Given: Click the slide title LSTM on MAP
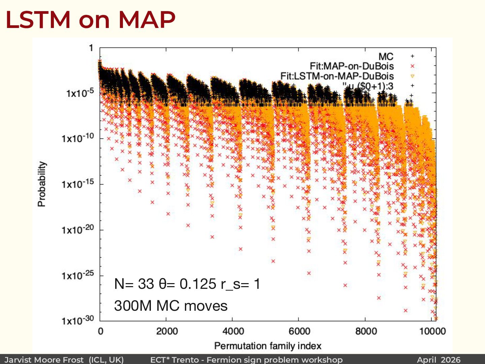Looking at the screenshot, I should coord(90,20).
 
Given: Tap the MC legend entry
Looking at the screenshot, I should coord(386,57).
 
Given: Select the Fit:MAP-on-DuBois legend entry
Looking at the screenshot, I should coord(352,66).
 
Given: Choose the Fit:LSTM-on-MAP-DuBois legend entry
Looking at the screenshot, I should coord(337,76).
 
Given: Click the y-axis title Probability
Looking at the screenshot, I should coord(42,184).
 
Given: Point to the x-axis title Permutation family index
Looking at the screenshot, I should coord(268,346).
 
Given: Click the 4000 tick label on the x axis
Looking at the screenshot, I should coord(233,331).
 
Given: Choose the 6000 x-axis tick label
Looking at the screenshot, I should coord(299,331).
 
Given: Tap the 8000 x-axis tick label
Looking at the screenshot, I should coord(366,331).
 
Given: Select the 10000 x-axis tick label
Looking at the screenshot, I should coord(432,331).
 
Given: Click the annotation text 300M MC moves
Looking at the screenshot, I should coord(171,306).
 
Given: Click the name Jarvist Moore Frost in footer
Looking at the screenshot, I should coord(44,360).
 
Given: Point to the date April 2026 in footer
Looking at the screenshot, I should coord(439,360).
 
